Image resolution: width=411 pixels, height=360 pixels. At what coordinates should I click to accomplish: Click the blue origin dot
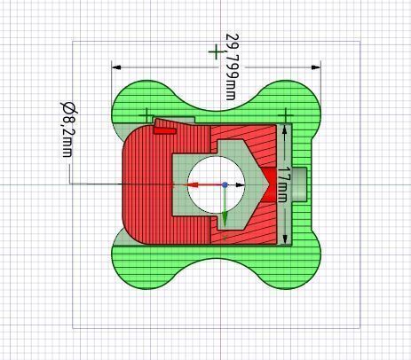pyautogui.click(x=225, y=185)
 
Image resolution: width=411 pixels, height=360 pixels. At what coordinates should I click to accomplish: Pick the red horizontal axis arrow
pyautogui.click(x=203, y=185)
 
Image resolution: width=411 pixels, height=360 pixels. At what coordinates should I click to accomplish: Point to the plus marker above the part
pyautogui.click(x=215, y=51)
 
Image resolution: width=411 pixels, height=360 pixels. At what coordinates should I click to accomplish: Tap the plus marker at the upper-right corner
pyautogui.click(x=286, y=114)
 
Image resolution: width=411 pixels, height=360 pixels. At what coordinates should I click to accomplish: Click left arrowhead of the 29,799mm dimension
pyautogui.click(x=117, y=66)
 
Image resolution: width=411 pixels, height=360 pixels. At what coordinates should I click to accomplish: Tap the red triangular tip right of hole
pyautogui.click(x=263, y=184)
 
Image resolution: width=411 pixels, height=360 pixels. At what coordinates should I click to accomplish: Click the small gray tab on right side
pyautogui.click(x=300, y=184)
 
